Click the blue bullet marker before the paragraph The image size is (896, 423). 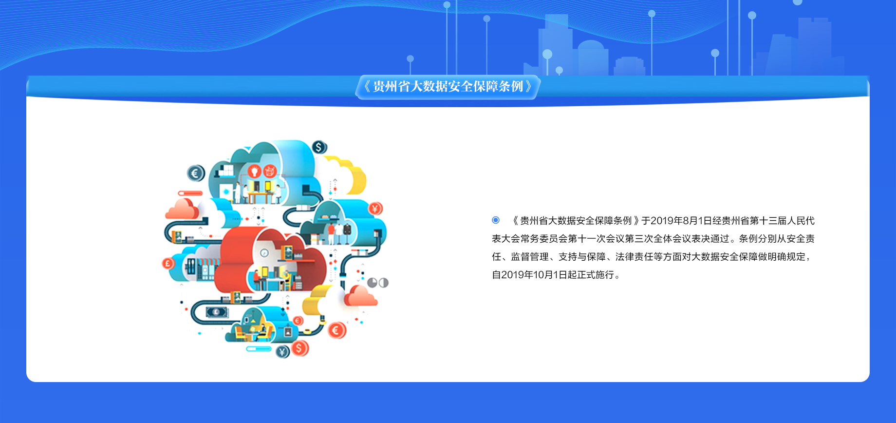coord(496,220)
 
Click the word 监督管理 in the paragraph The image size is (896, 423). coord(530,257)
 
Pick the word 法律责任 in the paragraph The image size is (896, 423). coord(634,257)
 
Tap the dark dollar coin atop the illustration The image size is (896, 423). coord(319,147)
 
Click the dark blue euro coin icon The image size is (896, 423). coord(196,173)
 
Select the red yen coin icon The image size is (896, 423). coord(375,209)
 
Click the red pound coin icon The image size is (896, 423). coord(168,264)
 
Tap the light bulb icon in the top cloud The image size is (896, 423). coord(254,171)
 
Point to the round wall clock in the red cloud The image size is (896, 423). coord(264,253)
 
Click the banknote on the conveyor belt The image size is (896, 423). coord(217,312)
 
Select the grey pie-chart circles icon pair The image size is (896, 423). coord(378,283)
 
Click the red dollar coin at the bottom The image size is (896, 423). coord(300,348)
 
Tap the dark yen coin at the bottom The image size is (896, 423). coord(283,351)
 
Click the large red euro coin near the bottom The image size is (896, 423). coord(336,330)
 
